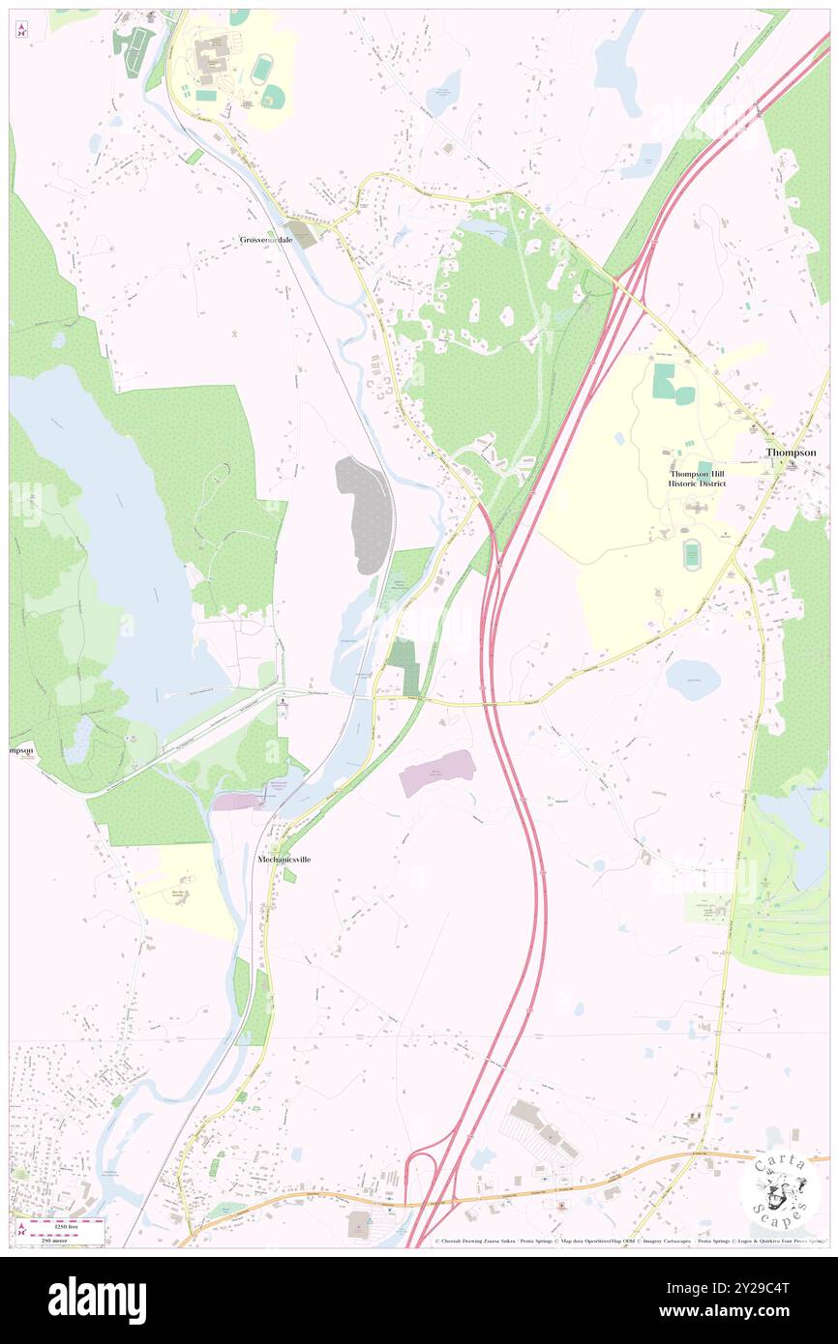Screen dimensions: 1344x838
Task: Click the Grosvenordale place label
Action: (267, 240)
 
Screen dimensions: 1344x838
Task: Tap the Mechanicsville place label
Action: (284, 859)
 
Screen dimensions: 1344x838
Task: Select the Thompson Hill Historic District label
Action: (698, 478)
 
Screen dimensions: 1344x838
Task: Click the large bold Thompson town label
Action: (791, 452)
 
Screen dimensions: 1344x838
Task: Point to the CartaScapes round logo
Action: (780, 1189)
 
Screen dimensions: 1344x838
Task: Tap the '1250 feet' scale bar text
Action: (67, 1223)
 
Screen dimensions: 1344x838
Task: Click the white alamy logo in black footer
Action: (97, 1300)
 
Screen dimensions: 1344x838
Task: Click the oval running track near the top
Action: (261, 70)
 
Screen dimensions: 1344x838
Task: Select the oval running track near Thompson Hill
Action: (691, 555)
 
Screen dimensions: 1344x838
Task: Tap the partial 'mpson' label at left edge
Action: (21, 749)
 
